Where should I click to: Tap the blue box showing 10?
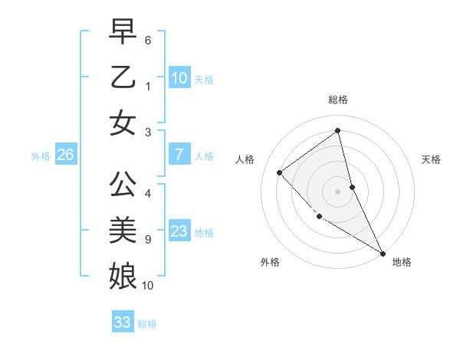(179, 78)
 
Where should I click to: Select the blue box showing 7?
(179, 155)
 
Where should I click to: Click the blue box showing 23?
(179, 231)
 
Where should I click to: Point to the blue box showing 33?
(122, 322)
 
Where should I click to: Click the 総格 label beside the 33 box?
(147, 324)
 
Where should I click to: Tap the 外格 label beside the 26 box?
(41, 156)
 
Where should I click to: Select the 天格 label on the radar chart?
(431, 159)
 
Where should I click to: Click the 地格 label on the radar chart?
(402, 262)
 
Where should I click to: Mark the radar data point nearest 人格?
(280, 172)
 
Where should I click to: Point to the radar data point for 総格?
(338, 131)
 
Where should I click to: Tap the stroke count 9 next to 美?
(147, 240)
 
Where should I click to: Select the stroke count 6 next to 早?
(147, 39)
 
